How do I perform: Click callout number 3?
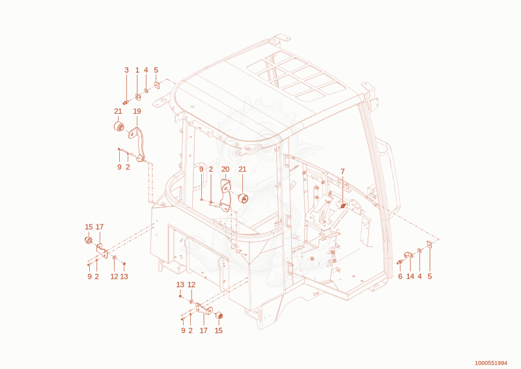tap(126, 70)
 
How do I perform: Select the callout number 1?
tap(137, 70)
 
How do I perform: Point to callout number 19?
tap(137, 111)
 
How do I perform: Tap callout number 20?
tap(225, 169)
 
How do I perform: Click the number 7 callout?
tap(343, 172)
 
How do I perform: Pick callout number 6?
tap(401, 277)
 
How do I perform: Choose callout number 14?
tap(410, 277)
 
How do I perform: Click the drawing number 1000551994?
tap(491, 363)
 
